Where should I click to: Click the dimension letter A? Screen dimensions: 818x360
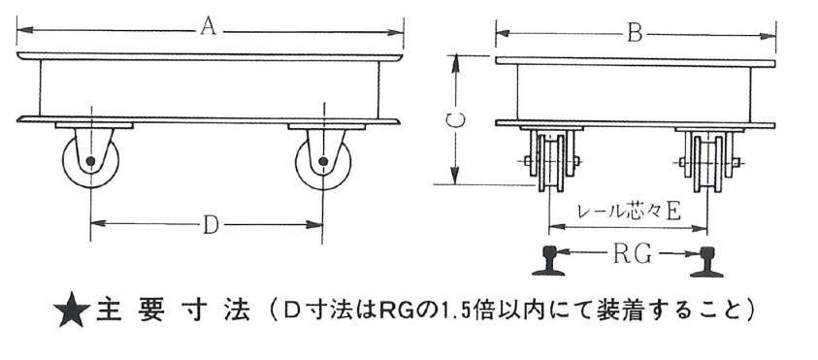[209, 27]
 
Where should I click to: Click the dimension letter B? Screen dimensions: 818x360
[634, 34]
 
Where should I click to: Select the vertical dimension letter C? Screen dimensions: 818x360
[456, 120]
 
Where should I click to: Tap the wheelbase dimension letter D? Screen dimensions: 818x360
[211, 225]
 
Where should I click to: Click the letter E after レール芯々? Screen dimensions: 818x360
[673, 212]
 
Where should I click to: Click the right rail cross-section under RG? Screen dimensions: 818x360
[706, 261]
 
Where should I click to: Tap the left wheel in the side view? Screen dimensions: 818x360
[91, 161]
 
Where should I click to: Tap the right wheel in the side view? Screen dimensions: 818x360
[323, 162]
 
